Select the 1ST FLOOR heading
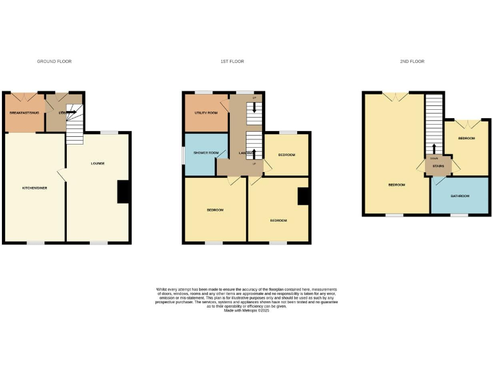pos(232,62)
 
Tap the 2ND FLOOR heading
pos(412,62)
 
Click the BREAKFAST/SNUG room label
pos(24,113)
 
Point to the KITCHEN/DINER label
pos(35,188)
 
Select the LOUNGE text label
pos(97,164)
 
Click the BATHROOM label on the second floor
pos(460,196)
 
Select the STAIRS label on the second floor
pos(438,166)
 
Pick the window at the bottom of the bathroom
pos(459,215)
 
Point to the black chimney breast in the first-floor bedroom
pos(304,196)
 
